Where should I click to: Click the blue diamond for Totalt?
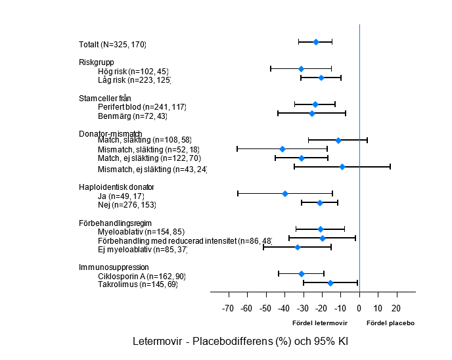tap(316, 42)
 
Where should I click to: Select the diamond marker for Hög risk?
tap(301, 69)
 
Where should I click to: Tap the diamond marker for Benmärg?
tap(312, 114)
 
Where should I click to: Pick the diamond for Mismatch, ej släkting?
tap(342, 167)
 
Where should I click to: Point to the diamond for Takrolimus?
tap(330, 283)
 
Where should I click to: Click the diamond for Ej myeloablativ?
tap(298, 247)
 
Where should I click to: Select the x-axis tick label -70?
tap(228, 309)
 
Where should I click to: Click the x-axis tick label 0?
tap(359, 309)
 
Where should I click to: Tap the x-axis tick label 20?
tap(395, 309)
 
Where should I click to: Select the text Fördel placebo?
tap(390, 323)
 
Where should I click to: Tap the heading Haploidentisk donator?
tap(116, 187)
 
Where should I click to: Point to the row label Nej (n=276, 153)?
tap(127, 204)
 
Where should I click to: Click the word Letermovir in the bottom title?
tap(156, 342)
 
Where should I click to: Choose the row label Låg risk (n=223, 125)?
tap(134, 80)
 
